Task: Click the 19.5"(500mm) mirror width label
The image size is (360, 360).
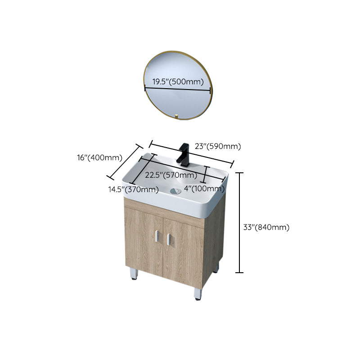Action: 178,81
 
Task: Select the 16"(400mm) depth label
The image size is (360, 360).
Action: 99,157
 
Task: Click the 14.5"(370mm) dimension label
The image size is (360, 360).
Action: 133,189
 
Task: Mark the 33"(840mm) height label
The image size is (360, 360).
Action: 266,227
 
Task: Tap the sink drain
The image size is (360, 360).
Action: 175,191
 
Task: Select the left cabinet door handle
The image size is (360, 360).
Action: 157,238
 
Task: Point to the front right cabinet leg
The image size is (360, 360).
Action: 198,293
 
